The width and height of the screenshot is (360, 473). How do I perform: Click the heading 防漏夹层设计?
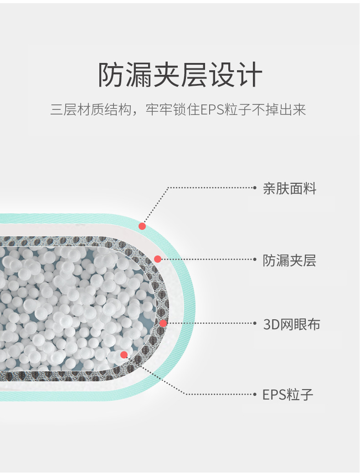[180, 75]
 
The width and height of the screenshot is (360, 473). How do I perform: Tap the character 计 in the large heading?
[249, 75]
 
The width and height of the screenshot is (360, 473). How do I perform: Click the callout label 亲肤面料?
[289, 188]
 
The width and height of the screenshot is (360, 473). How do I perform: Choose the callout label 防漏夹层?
[289, 260]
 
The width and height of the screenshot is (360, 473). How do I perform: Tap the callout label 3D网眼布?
[292, 324]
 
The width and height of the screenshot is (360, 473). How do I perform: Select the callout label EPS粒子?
[288, 395]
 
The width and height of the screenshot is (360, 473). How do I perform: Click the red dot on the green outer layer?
[142, 226]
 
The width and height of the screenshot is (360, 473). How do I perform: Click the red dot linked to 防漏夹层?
[158, 259]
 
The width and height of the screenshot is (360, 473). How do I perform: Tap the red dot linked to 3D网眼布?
[163, 323]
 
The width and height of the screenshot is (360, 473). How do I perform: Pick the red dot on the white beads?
[124, 355]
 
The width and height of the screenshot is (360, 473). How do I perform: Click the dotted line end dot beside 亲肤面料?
[255, 187]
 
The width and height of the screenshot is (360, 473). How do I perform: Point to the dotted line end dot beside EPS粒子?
[255, 394]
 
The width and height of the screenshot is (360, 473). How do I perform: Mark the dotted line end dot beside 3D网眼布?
[255, 323]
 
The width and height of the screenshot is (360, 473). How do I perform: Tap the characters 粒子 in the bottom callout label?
[300, 395]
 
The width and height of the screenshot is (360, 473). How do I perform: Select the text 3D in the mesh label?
[271, 324]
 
